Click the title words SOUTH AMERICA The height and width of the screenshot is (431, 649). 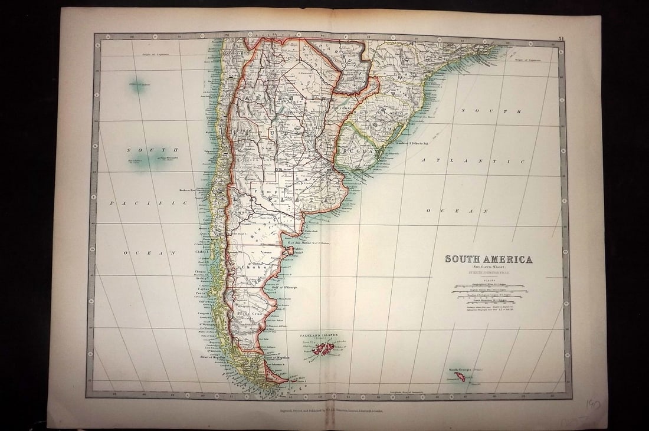point(488,259)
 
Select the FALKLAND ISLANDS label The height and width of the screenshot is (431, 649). point(319,335)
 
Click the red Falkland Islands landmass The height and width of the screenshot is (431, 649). point(323,348)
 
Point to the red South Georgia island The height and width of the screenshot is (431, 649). point(460,376)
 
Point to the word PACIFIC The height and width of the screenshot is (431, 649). point(147,203)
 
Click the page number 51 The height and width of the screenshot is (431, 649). point(560,39)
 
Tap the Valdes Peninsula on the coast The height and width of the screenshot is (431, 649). point(289,251)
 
